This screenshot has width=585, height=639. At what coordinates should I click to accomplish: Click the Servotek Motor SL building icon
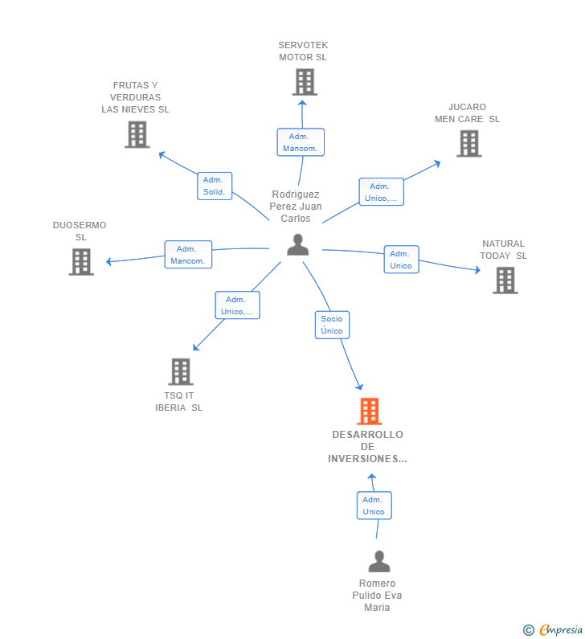304,82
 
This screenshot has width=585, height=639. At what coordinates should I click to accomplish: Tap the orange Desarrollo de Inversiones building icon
369,412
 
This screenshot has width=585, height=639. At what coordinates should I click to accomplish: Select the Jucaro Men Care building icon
468,143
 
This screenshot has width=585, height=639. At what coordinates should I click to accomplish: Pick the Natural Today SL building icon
505,280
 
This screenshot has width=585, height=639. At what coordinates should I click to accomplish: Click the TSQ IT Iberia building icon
181,371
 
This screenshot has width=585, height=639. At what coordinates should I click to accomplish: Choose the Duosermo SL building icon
81,261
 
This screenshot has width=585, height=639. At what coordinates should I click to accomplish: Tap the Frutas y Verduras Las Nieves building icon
137,134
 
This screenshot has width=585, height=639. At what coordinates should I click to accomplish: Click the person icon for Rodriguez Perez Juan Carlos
297,245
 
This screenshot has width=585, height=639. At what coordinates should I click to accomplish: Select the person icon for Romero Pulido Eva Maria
378,561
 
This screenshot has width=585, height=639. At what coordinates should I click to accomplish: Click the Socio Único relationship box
332,324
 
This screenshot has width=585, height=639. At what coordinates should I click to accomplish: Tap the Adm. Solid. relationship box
215,186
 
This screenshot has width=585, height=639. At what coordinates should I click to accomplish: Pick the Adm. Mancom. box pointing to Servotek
301,142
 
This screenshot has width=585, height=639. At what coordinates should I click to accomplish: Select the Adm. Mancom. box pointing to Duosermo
188,254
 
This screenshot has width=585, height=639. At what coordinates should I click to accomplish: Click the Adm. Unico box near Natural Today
401,260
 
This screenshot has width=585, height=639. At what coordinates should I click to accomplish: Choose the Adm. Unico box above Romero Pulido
374,506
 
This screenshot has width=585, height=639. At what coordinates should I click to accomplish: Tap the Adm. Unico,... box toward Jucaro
381,192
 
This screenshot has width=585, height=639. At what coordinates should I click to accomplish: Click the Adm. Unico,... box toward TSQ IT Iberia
237,305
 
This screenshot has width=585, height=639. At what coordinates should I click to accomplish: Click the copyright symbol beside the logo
528,630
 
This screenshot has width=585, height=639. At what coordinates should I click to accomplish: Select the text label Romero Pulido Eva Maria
377,596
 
